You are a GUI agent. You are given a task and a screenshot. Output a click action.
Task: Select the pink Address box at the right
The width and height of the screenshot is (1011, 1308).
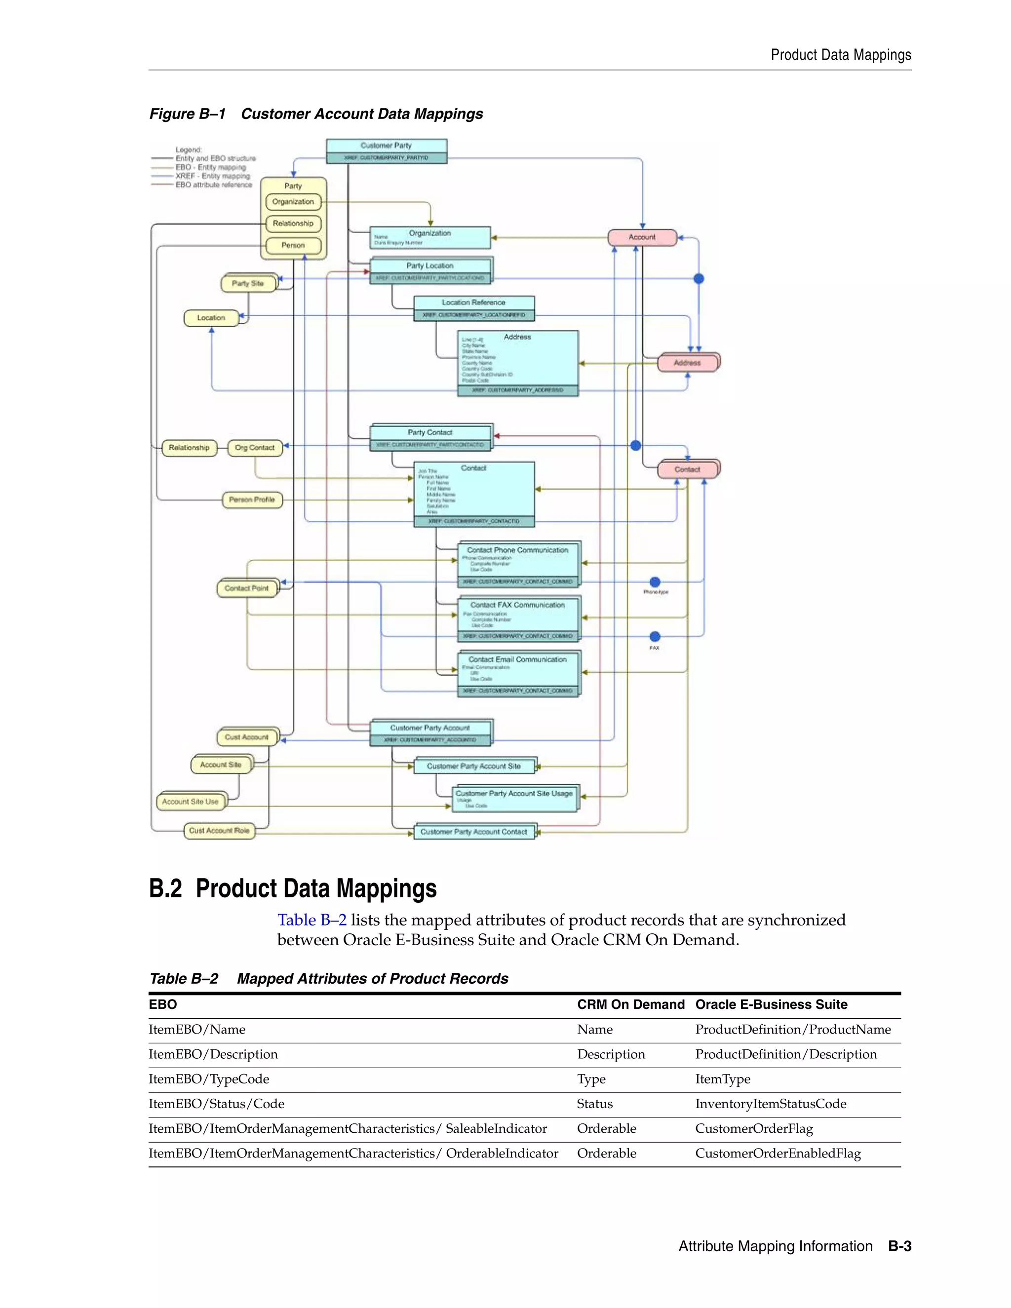(687, 363)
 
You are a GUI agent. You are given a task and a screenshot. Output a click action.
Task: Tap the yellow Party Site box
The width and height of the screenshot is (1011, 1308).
(248, 284)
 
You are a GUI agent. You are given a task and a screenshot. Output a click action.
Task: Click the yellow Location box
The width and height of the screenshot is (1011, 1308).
(211, 318)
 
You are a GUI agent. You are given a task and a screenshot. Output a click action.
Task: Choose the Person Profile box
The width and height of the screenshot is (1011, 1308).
(252, 500)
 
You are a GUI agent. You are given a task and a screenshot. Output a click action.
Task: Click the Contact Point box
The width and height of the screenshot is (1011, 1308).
(246, 589)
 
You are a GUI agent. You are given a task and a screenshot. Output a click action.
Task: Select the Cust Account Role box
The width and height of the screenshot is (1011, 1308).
(219, 831)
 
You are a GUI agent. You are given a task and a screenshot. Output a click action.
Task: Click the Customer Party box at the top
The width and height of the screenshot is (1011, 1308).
(387, 146)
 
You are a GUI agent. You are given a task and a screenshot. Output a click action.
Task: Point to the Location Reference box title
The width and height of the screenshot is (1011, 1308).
(473, 303)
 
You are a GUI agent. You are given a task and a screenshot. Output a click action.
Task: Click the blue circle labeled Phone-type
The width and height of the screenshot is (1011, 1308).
(655, 582)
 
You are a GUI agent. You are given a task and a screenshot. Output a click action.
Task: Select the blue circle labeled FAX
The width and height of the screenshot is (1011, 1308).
(655, 637)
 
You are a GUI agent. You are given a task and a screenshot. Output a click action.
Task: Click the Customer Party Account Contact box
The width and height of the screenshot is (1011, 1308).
(474, 832)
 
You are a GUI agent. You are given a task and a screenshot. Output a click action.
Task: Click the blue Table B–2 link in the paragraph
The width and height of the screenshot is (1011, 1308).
(311, 921)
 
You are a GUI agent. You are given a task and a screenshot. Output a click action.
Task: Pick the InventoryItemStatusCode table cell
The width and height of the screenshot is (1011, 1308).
(770, 1104)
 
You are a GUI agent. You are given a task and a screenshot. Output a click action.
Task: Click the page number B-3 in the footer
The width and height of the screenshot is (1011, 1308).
(899, 1247)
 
